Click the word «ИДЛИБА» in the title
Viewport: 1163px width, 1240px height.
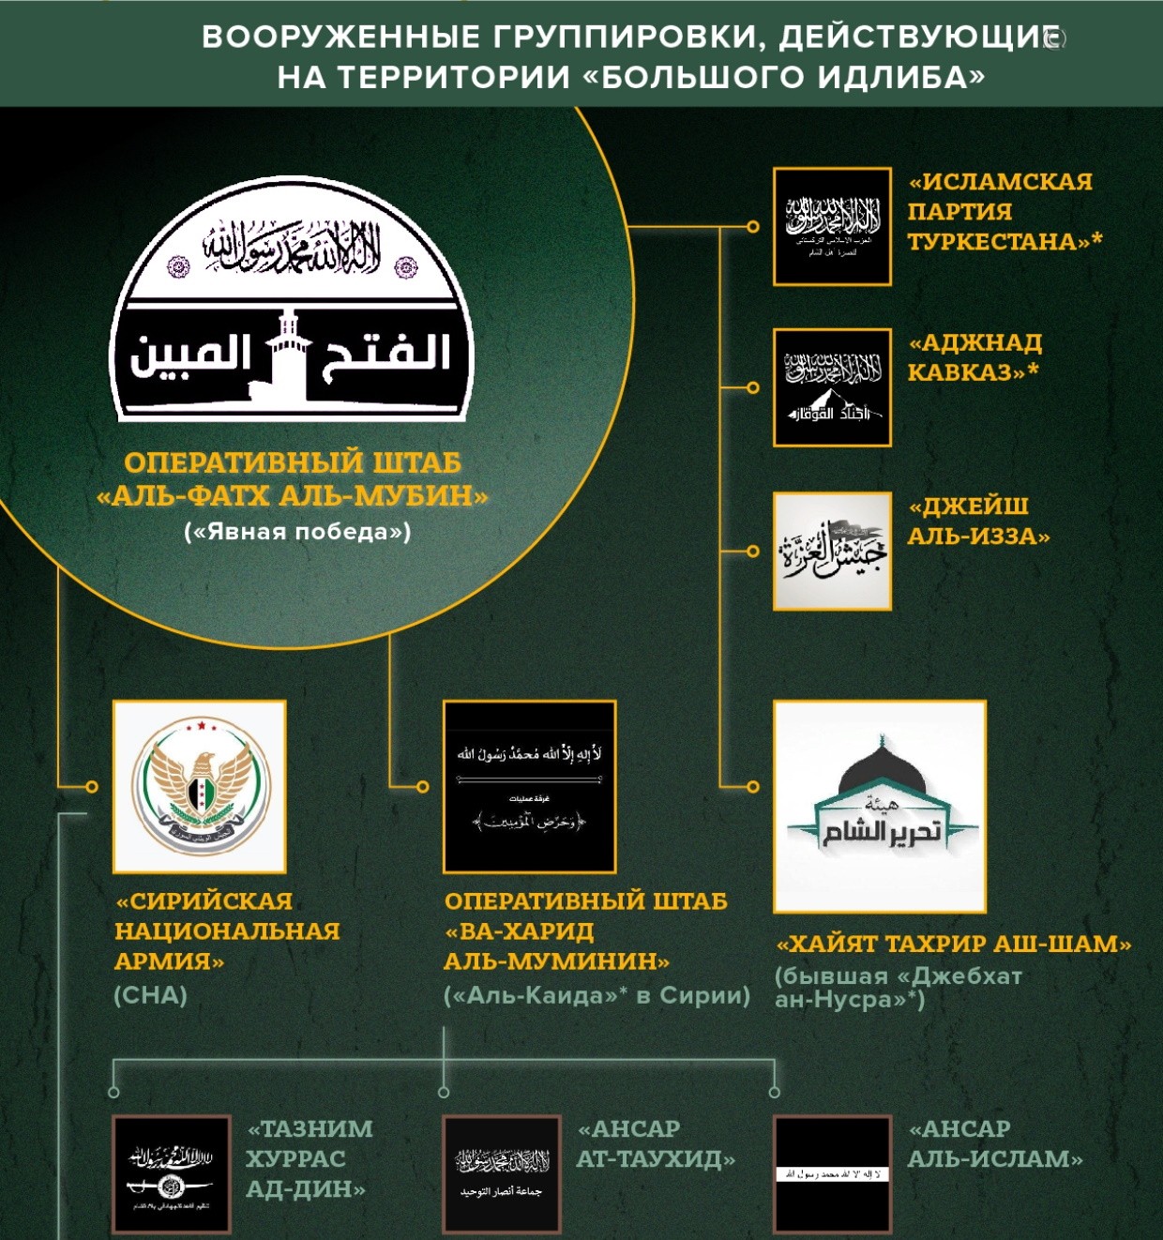coord(900,77)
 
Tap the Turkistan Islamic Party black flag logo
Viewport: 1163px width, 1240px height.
coord(832,226)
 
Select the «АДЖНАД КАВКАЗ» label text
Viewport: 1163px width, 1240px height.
coord(974,357)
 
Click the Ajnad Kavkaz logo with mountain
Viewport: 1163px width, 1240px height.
coord(832,387)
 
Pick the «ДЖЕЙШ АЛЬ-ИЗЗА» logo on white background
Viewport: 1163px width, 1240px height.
coord(832,551)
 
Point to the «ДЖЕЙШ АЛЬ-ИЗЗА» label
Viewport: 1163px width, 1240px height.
coord(977,521)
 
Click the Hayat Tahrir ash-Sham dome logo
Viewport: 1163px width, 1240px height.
coord(880,807)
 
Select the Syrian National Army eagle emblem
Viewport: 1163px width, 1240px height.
coord(200,787)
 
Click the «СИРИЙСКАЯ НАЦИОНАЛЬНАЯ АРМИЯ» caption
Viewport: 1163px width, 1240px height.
coord(227,930)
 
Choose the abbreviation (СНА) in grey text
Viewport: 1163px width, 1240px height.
coord(150,995)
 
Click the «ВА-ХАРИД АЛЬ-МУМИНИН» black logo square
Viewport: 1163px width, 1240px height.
coord(530,787)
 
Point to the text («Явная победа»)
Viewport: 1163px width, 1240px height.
coord(297,532)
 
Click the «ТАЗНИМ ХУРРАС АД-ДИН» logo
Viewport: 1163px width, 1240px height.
coord(172,1174)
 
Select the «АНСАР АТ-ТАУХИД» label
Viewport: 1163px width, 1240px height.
coord(655,1143)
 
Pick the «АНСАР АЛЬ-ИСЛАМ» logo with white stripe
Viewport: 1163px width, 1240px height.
coord(832,1174)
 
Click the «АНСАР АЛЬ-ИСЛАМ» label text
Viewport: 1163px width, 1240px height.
coord(994,1143)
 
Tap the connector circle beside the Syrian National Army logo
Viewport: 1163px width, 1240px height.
coord(92,786)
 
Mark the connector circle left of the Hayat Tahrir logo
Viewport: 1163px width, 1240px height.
coord(752,786)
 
